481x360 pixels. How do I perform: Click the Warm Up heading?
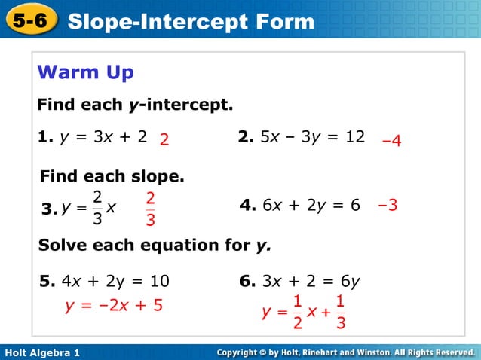[x=86, y=72]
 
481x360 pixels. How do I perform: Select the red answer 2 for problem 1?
[x=164, y=141]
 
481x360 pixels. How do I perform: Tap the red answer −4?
[x=392, y=141]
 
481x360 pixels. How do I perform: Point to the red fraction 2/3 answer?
[x=151, y=209]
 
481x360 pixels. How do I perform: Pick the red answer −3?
[x=388, y=205]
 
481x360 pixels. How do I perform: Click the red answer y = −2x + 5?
[x=116, y=306]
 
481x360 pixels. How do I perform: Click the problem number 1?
[x=44, y=137]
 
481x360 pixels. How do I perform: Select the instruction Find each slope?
[x=112, y=178]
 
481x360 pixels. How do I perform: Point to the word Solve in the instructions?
[x=60, y=246]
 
